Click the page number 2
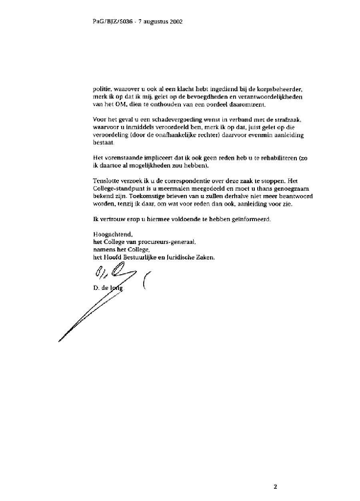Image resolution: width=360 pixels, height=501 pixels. pos(275,487)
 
